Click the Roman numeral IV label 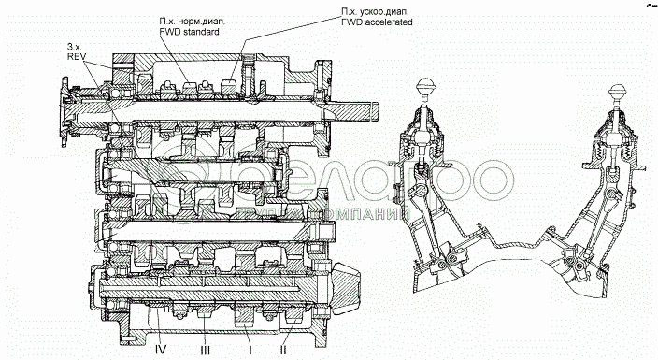point(161,349)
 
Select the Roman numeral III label point(206,350)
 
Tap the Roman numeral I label point(250,350)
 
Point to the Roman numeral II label point(283,350)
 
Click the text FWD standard point(189,32)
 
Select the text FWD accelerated point(377,22)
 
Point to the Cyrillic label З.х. point(74,46)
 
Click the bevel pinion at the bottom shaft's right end point(347,287)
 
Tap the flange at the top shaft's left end point(65,111)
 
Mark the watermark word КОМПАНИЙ point(368,215)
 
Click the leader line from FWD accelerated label point(291,35)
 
